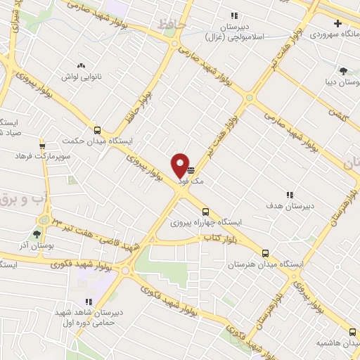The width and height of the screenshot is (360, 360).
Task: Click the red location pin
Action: coord(180,165)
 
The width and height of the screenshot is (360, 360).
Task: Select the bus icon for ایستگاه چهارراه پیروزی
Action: coord(205,212)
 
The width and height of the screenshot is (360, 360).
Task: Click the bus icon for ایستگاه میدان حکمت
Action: coord(97,129)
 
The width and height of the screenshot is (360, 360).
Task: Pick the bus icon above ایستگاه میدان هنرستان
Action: coord(265,253)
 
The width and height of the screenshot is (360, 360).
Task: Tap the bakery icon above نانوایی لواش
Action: coord(81,64)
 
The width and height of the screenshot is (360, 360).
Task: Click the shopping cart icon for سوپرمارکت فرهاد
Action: coord(42,141)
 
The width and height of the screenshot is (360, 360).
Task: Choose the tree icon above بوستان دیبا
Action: coord(343,70)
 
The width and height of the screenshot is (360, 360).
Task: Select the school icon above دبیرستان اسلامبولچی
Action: coord(234,15)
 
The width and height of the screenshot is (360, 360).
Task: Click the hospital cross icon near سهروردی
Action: coord(338,23)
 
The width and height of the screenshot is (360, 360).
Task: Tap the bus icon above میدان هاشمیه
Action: coord(352,331)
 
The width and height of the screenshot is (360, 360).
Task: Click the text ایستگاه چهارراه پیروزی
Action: coord(205,222)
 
